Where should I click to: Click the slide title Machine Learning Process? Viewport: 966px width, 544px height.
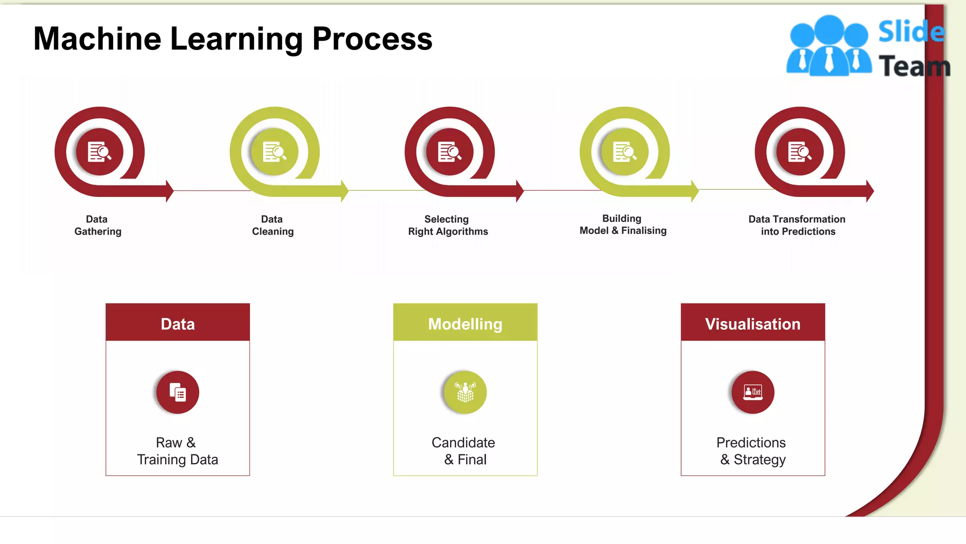pyautogui.click(x=233, y=39)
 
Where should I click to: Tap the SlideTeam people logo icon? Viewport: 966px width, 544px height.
pyautogui.click(x=829, y=46)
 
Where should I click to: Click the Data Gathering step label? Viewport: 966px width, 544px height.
pyautogui.click(x=98, y=225)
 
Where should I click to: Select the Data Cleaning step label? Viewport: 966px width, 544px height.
pyautogui.click(x=273, y=225)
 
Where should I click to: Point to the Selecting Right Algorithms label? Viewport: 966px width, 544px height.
pyautogui.click(x=448, y=225)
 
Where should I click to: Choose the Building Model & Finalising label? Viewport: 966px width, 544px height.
pyautogui.click(x=623, y=224)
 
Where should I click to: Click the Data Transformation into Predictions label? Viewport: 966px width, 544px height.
pyautogui.click(x=797, y=225)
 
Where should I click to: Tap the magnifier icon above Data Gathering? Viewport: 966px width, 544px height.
pyautogui.click(x=100, y=152)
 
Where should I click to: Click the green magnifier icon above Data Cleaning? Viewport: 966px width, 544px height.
pyautogui.click(x=275, y=152)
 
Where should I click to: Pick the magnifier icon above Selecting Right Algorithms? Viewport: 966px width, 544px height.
pyautogui.click(x=450, y=152)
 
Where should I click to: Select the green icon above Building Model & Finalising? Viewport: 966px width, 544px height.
pyautogui.click(x=625, y=152)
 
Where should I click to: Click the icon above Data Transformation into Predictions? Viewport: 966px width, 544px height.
pyautogui.click(x=799, y=152)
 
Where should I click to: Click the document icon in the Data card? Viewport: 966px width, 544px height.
pyautogui.click(x=178, y=392)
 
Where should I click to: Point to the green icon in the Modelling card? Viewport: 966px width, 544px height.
pyautogui.click(x=465, y=392)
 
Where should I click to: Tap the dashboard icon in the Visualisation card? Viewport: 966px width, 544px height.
pyautogui.click(x=753, y=392)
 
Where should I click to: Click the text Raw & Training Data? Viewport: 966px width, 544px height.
pyautogui.click(x=177, y=451)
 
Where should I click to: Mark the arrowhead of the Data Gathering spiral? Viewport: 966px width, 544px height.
pyautogui.click(x=170, y=191)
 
